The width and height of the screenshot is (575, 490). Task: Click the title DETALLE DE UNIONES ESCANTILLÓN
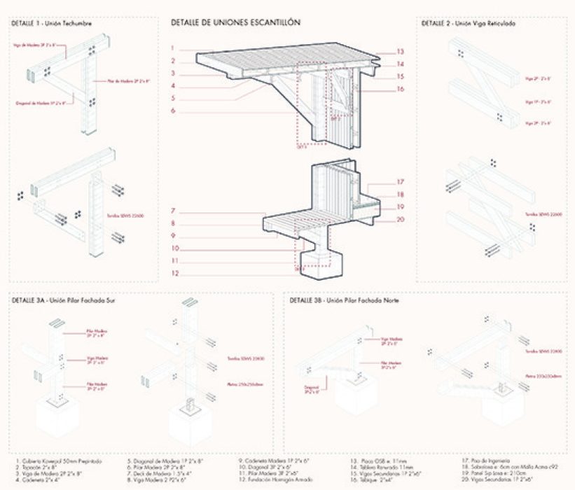pyautogui.click(x=235, y=22)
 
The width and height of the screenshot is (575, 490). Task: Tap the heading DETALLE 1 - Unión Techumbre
pyautogui.click(x=52, y=23)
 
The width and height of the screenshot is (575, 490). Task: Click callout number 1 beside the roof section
pyautogui.click(x=172, y=48)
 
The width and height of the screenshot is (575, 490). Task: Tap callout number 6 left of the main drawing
pyautogui.click(x=172, y=111)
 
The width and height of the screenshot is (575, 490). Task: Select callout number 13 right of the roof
pyautogui.click(x=401, y=52)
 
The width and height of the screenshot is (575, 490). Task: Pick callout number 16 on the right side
pyautogui.click(x=401, y=89)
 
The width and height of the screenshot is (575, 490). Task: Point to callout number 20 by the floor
pyautogui.click(x=401, y=219)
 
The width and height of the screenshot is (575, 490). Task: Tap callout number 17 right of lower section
pyautogui.click(x=401, y=181)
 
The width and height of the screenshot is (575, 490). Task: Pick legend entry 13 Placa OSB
pyautogui.click(x=377, y=461)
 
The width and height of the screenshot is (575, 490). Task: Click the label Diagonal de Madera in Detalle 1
pyautogui.click(x=41, y=102)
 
